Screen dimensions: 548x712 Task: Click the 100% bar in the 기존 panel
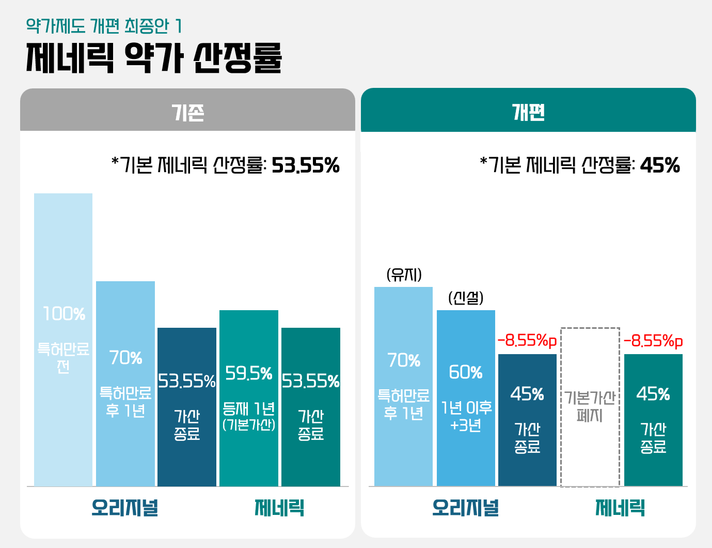click(63, 340)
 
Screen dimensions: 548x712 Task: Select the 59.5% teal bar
click(249, 398)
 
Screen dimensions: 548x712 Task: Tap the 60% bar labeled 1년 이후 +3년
click(466, 398)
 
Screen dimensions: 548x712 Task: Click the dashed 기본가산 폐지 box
click(590, 406)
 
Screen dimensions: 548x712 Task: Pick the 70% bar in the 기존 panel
click(125, 384)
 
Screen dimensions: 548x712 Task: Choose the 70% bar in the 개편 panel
click(403, 386)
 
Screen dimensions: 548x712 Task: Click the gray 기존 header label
click(188, 112)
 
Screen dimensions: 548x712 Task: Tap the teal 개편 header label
click(528, 112)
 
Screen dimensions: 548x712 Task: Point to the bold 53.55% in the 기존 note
click(306, 165)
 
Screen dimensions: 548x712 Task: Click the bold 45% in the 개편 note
click(660, 165)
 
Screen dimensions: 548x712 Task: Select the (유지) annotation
click(404, 275)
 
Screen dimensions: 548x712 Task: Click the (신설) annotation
click(466, 298)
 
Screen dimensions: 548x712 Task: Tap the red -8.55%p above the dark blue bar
click(527, 341)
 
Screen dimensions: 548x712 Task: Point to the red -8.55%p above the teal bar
click(653, 341)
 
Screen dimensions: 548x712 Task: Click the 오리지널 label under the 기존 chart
click(125, 508)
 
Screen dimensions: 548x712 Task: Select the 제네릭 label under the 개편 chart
click(620, 508)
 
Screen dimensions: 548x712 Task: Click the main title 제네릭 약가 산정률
click(154, 58)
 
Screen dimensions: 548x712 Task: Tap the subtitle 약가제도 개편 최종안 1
click(104, 25)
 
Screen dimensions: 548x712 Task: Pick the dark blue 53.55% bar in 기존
click(187, 407)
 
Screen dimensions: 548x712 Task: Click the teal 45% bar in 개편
click(653, 420)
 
